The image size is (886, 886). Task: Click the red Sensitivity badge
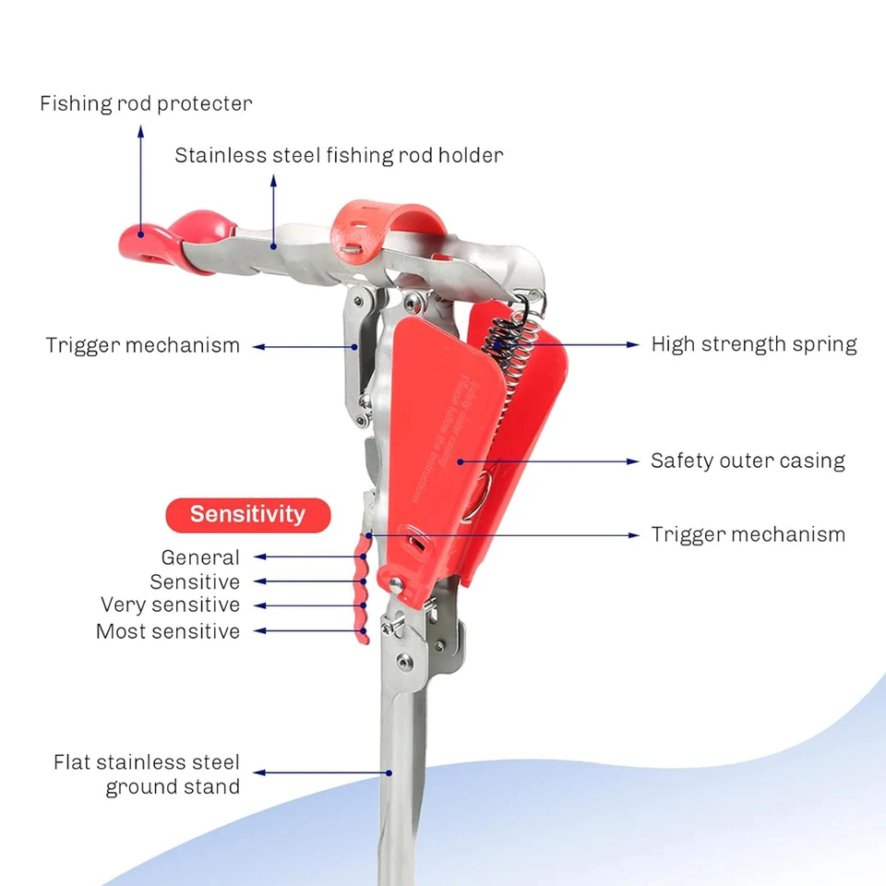[x=247, y=515]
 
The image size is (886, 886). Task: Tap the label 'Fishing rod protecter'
[x=146, y=103]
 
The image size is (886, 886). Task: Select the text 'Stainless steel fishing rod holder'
[x=339, y=155]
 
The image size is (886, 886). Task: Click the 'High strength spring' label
[x=754, y=344]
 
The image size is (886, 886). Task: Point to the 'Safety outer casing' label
[x=748, y=461]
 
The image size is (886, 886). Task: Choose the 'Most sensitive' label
[x=168, y=632]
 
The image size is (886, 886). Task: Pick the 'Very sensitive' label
[x=171, y=605]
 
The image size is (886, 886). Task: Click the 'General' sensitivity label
[x=200, y=557]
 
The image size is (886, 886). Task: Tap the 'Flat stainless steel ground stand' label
[x=147, y=775]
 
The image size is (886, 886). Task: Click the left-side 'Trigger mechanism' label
[x=143, y=346]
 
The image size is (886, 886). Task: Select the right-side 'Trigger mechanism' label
[x=748, y=534]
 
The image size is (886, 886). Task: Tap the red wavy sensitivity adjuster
[x=361, y=591]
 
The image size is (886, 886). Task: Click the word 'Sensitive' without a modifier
[x=195, y=582]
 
